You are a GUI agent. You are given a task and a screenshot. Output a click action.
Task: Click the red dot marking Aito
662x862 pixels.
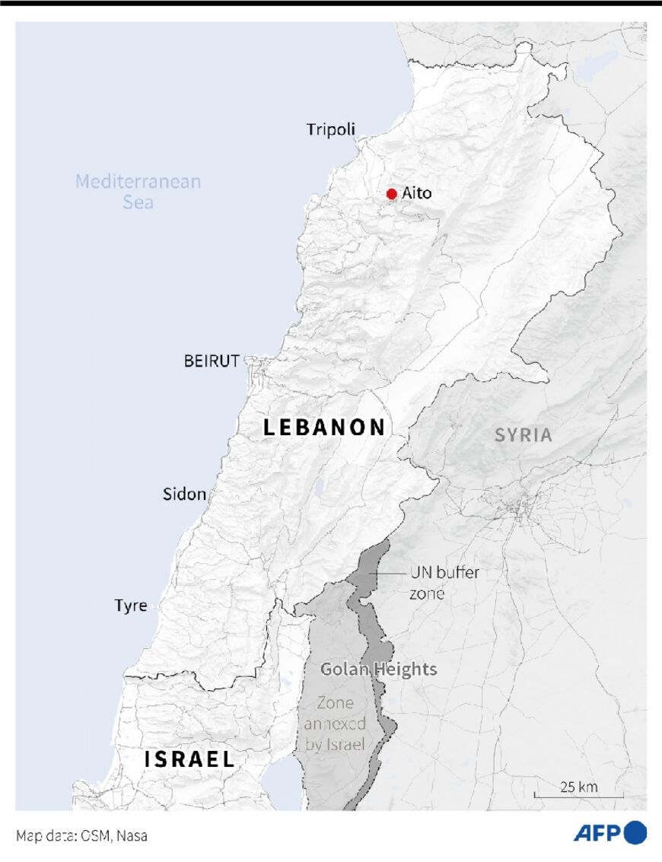point(391,194)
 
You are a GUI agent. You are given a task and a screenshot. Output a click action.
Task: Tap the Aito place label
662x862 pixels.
point(416,193)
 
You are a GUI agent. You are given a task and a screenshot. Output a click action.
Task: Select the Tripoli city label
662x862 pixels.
point(330,129)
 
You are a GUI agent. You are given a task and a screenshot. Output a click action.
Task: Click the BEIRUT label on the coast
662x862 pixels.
point(212,361)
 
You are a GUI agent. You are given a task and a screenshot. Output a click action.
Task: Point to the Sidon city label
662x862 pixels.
point(184,495)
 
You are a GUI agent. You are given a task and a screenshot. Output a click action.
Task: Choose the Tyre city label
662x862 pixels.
point(131,606)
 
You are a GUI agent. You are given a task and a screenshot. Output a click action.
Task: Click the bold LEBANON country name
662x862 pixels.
point(325,428)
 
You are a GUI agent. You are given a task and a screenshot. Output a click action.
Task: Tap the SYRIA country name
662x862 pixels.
point(523,435)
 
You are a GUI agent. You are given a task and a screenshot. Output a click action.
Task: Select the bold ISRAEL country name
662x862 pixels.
point(189,759)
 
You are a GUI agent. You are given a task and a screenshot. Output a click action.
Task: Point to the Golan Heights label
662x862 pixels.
point(378,670)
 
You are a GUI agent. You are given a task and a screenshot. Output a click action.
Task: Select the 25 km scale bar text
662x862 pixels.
point(578,787)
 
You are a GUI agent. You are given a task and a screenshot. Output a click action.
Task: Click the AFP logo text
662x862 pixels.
point(597,833)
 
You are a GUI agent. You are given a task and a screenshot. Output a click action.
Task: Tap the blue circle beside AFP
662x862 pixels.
point(635,832)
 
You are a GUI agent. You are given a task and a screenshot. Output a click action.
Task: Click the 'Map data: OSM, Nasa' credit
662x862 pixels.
point(81,835)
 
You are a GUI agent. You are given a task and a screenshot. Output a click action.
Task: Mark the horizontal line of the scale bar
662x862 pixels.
point(578,797)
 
